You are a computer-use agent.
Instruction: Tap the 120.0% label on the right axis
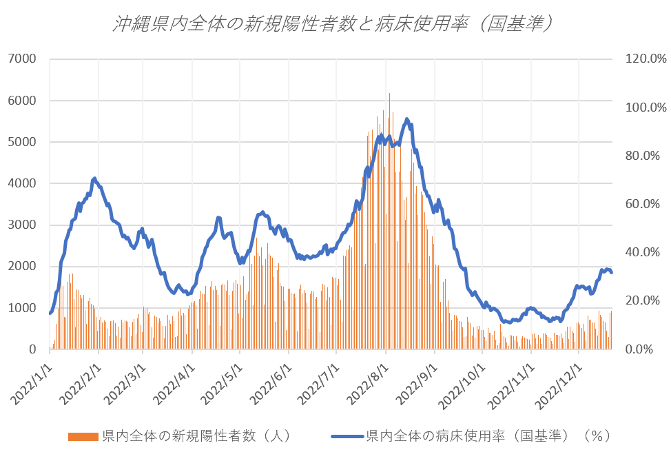tap(645, 59)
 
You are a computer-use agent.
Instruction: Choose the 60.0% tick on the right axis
tap(645, 204)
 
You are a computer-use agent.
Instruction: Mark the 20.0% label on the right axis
tap(645, 301)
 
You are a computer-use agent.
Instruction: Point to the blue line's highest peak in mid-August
tap(406, 119)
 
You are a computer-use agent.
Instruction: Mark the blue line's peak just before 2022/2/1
tap(94, 178)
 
